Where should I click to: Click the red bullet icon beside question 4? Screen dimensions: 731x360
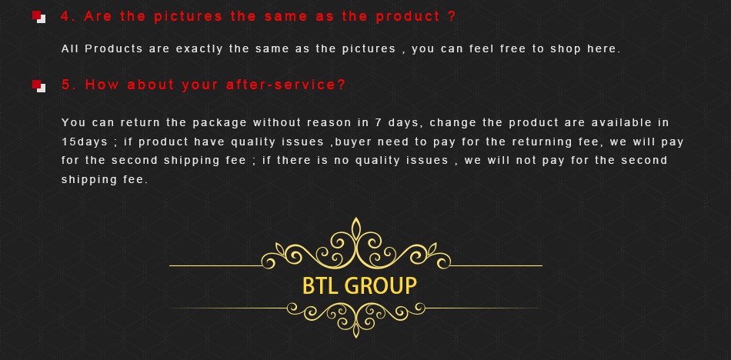tap(39, 17)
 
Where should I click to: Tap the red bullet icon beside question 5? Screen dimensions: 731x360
tap(39, 86)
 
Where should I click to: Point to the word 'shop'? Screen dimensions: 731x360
tap(566, 49)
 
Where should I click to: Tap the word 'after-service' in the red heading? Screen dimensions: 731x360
tap(285, 85)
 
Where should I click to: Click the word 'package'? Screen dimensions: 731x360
tap(219, 123)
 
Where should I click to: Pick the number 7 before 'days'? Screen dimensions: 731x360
tap(379, 122)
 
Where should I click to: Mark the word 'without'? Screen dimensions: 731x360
tap(278, 122)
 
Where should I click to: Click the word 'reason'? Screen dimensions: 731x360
tap(329, 123)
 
